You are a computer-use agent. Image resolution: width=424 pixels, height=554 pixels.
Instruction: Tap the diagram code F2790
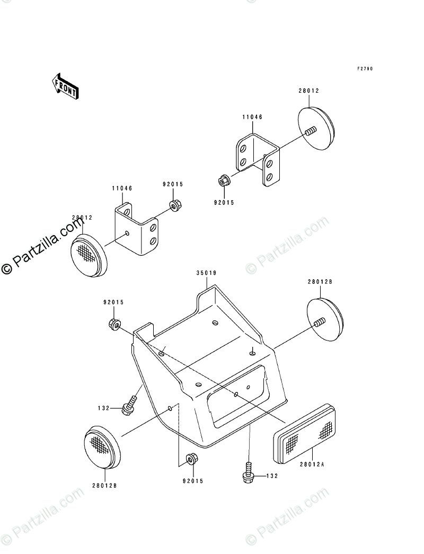365,69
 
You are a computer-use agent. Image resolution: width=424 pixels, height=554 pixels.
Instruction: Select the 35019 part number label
206,273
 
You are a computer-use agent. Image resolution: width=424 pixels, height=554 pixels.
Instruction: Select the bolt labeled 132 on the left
129,405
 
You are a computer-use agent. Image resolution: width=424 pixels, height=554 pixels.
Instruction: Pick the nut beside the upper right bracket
224,181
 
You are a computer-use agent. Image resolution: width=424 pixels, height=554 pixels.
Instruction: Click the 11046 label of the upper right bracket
253,117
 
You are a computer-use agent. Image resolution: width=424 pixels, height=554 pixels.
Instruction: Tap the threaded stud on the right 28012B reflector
319,321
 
